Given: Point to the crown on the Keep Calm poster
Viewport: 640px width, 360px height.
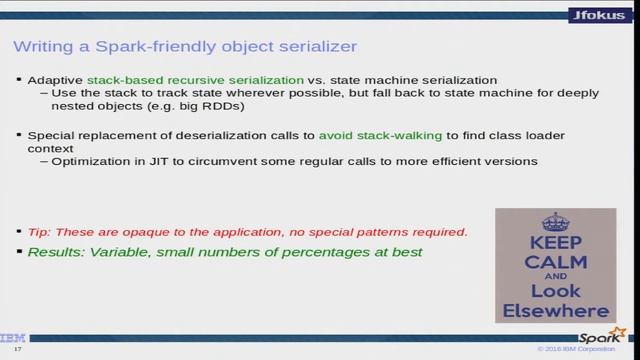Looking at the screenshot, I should pyautogui.click(x=555, y=222).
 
